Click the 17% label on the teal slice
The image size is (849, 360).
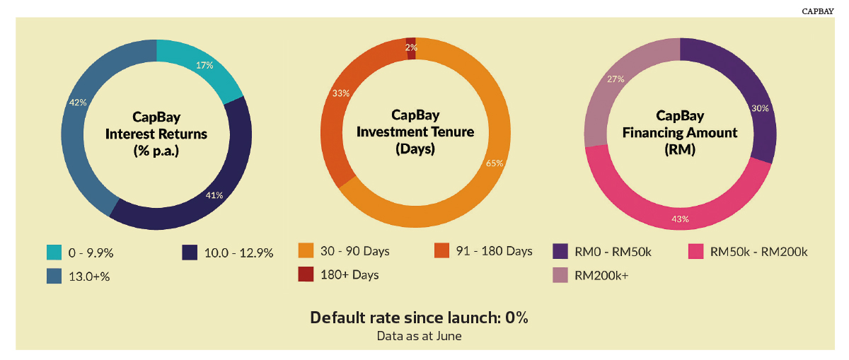coord(204,66)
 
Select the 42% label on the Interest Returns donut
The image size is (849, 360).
coord(78,103)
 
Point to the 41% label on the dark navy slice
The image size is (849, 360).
coord(214,195)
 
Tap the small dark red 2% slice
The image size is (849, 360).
coord(411,49)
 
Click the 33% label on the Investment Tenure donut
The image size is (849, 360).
coord(341,93)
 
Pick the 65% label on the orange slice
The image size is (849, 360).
coord(495,163)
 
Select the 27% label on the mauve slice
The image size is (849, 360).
coord(616,79)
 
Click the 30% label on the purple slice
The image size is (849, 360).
coord(760,108)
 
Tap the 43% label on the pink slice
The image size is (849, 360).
coord(680,219)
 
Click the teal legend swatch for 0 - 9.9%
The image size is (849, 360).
coord(54,252)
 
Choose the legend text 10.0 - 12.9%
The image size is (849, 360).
coord(239,252)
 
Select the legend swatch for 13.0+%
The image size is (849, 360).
coord(54,276)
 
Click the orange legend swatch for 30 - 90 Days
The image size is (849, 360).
coord(306,250)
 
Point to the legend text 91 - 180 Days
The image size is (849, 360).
coord(495,251)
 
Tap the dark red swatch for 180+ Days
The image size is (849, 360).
coord(306,274)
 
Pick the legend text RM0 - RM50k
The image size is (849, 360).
coord(613,252)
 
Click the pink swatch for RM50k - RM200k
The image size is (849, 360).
coord(696,251)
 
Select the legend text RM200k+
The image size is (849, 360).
coord(601,276)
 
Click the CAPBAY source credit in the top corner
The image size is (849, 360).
coord(818,11)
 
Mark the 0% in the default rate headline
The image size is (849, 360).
coord(516,318)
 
